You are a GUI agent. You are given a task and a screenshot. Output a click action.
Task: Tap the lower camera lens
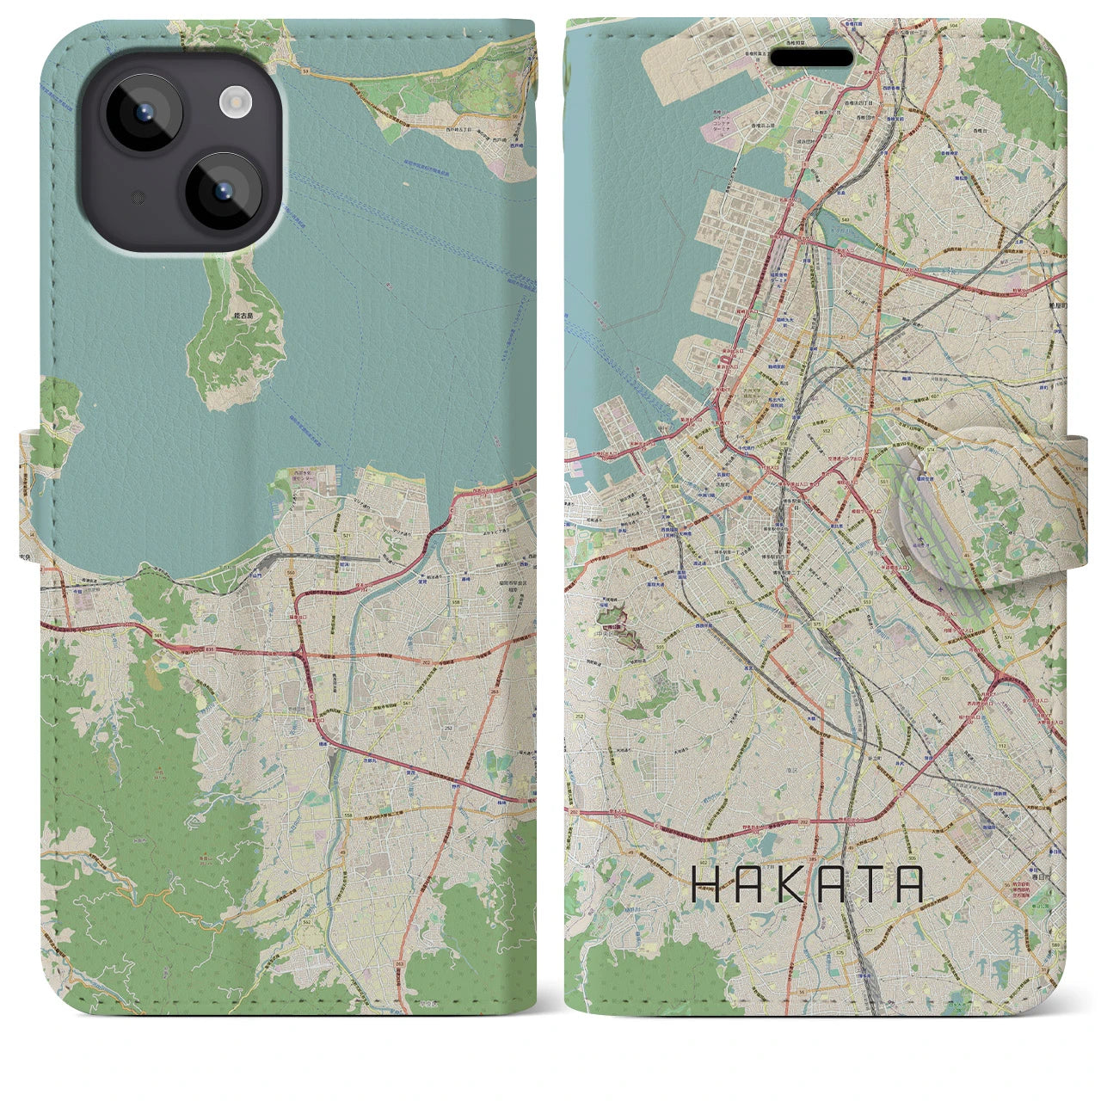[x=222, y=191]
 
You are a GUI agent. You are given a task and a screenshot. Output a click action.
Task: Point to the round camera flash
[x=234, y=104]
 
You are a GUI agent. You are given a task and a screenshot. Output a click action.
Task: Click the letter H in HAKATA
[x=707, y=884]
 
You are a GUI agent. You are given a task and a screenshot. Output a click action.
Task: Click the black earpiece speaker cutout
[x=811, y=58]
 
